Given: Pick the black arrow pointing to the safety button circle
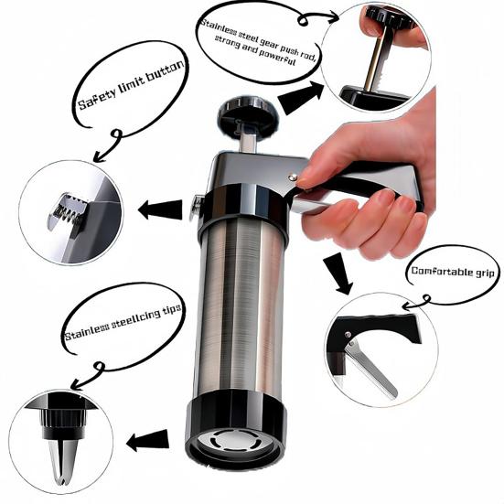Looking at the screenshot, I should (159, 209).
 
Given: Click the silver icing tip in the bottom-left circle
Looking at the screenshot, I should (62, 452).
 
